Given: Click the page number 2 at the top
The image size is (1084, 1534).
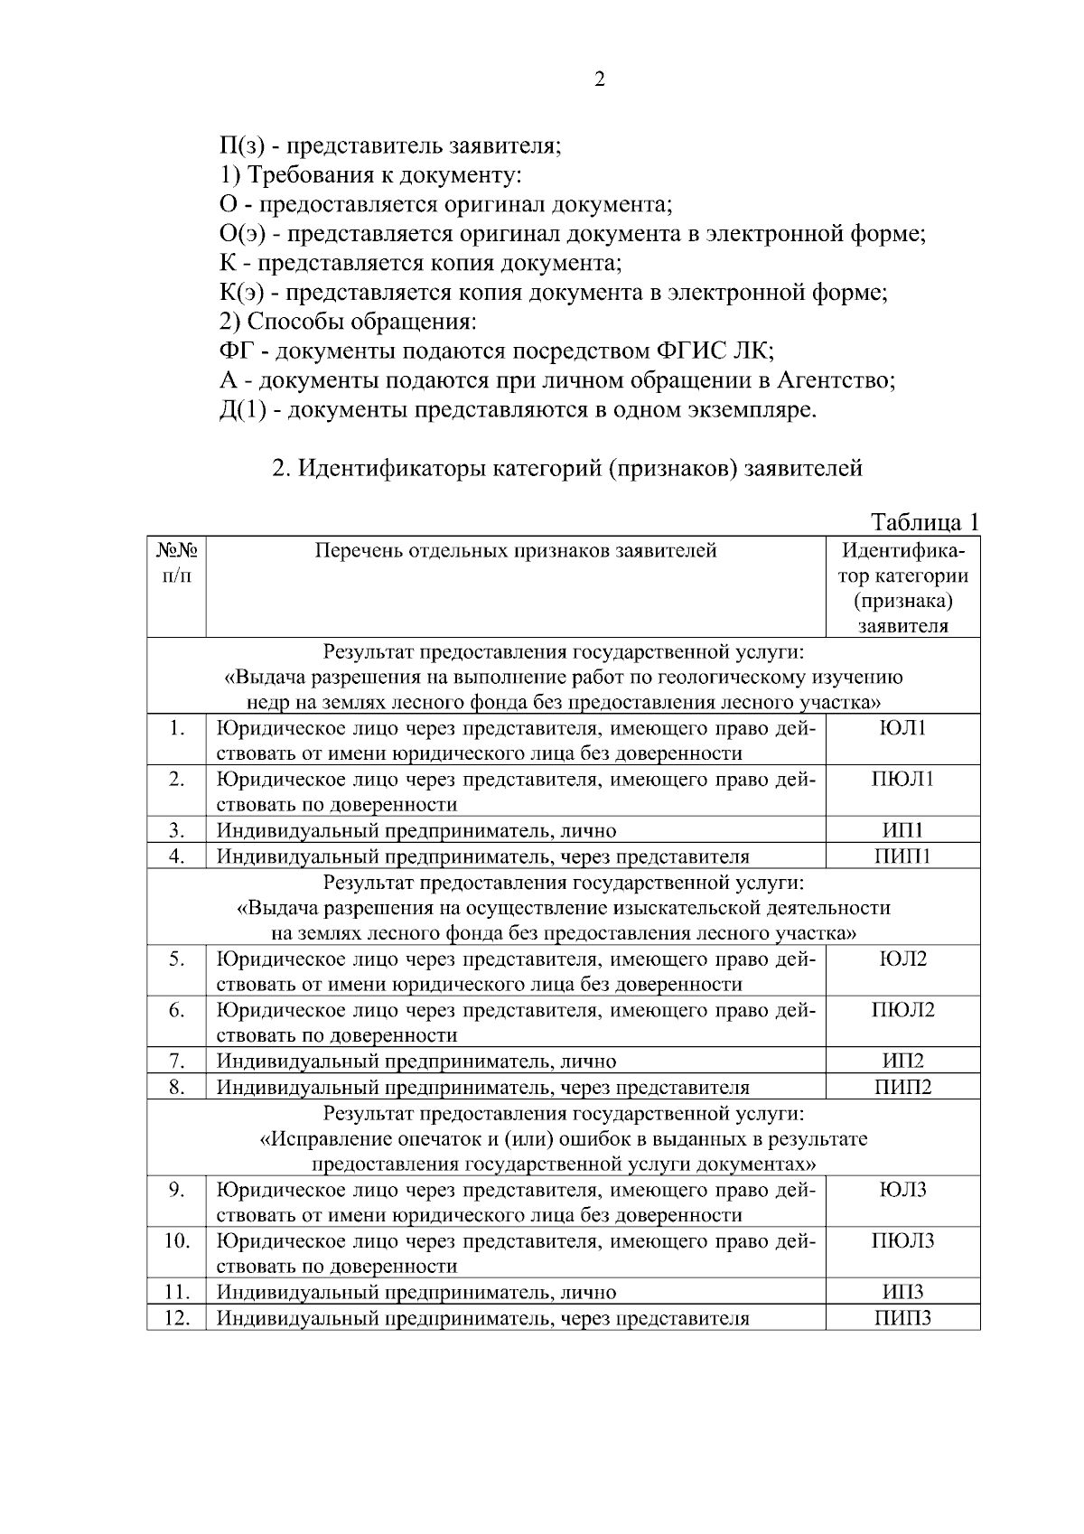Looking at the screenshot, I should [600, 80].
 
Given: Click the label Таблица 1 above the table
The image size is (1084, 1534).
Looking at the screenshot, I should [924, 522].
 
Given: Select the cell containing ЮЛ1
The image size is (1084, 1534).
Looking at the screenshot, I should [902, 728].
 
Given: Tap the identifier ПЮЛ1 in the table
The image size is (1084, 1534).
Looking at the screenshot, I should [902, 779].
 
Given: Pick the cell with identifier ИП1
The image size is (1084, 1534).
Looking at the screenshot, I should [902, 830].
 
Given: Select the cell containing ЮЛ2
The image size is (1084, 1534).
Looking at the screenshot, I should [902, 959].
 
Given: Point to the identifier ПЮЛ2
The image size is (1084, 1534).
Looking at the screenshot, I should [902, 1010].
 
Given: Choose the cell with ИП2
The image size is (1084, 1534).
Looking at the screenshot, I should [902, 1062].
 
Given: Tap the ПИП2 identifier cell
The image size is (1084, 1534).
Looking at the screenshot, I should [902, 1087].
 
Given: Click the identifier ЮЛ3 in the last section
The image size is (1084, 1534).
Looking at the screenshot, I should [902, 1190].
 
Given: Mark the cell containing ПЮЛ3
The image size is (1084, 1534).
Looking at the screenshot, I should [902, 1240].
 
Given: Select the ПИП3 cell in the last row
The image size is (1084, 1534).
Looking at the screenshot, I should [902, 1318].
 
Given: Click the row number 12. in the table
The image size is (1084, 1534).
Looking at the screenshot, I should [177, 1318].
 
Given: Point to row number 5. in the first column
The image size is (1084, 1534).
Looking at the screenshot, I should [177, 959].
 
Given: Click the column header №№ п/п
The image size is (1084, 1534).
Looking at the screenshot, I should [177, 562].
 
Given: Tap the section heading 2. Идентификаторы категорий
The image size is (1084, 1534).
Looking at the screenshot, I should [567, 468].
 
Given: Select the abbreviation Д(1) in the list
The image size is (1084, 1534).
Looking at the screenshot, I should [241, 409].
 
